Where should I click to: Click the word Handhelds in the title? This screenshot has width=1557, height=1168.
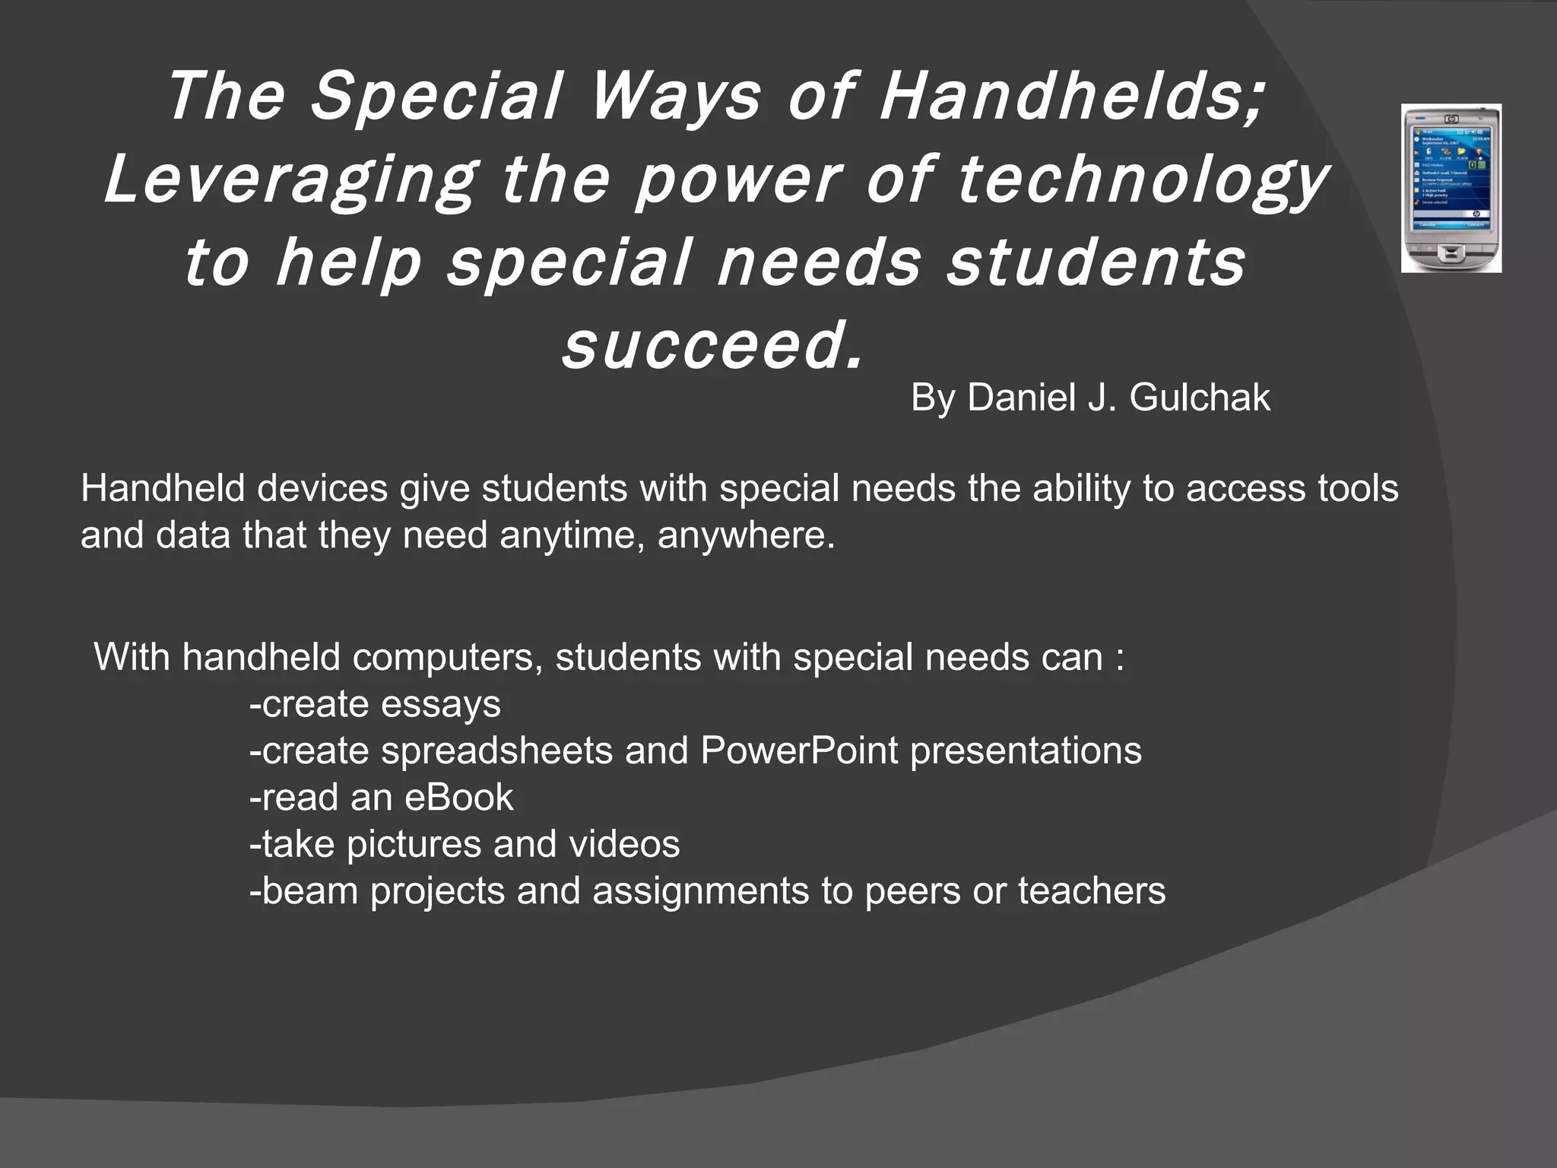1072,97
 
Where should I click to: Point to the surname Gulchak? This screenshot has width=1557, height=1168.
1200,398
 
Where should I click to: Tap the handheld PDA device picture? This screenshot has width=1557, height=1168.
1451,189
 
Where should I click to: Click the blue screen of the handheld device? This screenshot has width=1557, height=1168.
1451,179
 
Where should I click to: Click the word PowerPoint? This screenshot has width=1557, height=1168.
799,751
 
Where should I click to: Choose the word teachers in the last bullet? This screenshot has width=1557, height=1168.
1091,891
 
